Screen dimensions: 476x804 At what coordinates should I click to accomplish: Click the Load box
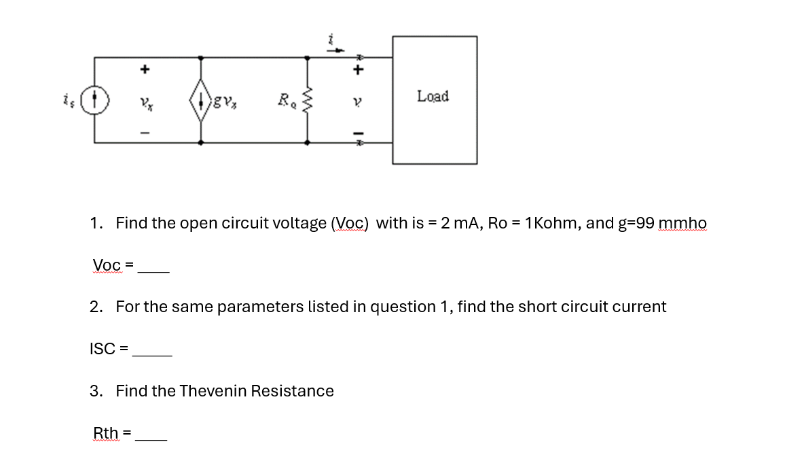pos(435,100)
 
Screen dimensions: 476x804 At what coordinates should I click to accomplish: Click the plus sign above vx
pos(144,69)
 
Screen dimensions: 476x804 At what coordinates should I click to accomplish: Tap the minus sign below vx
pos(144,132)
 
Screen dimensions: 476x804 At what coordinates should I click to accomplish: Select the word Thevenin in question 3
pos(213,391)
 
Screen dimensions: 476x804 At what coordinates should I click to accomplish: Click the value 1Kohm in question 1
pos(550,223)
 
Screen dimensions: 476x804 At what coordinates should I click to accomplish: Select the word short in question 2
pos(537,307)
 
